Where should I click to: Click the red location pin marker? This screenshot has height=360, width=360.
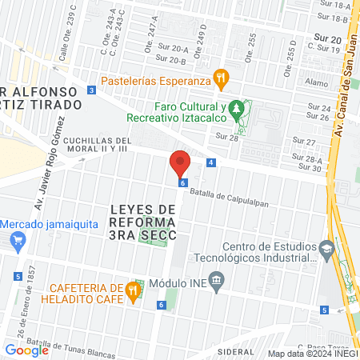click(x=179, y=163)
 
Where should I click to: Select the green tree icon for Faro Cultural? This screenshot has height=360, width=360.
click(x=235, y=107)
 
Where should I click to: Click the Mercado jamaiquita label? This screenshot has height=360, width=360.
click(x=45, y=225)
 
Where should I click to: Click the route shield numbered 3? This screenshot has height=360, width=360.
click(x=92, y=90)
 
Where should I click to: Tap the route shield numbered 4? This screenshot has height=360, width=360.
click(x=210, y=162)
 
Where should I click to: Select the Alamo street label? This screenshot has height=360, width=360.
click(x=317, y=82)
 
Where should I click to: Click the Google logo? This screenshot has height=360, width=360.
click(x=26, y=350)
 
